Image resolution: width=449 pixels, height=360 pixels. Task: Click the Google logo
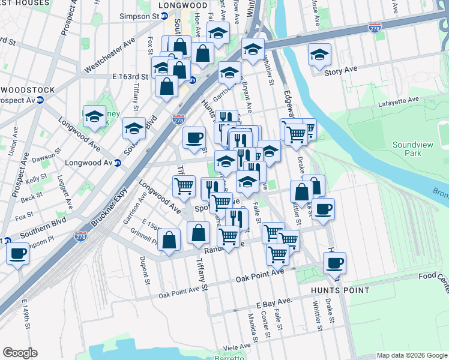(20, 353)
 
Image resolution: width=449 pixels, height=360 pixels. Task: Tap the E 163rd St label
(130, 77)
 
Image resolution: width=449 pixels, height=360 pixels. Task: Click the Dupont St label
(144, 267)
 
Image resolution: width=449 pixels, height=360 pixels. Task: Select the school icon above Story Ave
(319, 54)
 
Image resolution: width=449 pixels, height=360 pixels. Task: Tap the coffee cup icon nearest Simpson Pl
(18, 252)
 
